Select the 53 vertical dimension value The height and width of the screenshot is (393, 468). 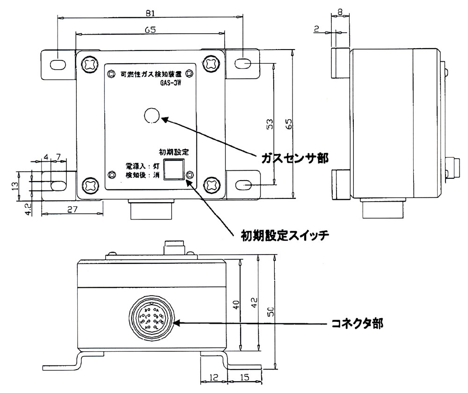click(x=270, y=124)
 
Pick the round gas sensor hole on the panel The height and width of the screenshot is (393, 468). click(x=152, y=115)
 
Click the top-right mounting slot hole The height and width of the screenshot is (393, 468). click(x=245, y=63)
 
